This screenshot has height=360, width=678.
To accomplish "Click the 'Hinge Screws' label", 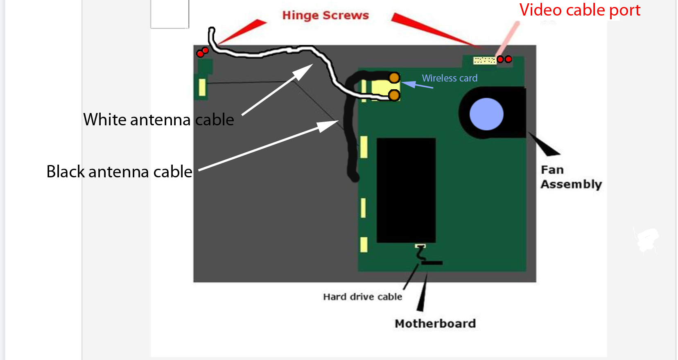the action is [x=325, y=16].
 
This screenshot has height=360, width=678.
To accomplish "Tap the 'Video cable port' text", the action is [x=580, y=10].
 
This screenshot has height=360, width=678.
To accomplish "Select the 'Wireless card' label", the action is [x=450, y=78].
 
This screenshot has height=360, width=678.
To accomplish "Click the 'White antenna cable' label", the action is [x=158, y=120].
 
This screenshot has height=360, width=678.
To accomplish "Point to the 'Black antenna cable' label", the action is [x=119, y=172].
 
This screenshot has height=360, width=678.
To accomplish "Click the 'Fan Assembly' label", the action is [x=571, y=177].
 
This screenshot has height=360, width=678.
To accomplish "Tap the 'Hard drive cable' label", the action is [x=363, y=297].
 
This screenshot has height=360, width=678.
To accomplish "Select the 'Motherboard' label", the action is [x=435, y=324].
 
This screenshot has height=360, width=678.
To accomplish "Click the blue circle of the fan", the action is [x=486, y=114].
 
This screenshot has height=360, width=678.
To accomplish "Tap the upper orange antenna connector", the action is [x=394, y=78].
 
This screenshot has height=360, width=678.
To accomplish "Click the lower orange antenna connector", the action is [x=394, y=95].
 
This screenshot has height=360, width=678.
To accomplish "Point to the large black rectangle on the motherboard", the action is [x=406, y=190].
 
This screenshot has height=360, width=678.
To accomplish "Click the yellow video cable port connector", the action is [x=485, y=61].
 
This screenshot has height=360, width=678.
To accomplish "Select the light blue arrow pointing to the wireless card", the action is [x=417, y=84].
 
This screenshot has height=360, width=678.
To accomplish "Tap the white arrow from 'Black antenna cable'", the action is [x=268, y=146].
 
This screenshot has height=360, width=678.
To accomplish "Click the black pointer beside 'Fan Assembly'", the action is [x=544, y=144].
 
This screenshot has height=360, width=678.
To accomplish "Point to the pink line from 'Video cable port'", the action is [x=508, y=39].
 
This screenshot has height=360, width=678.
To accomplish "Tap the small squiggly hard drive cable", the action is [x=421, y=253].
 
